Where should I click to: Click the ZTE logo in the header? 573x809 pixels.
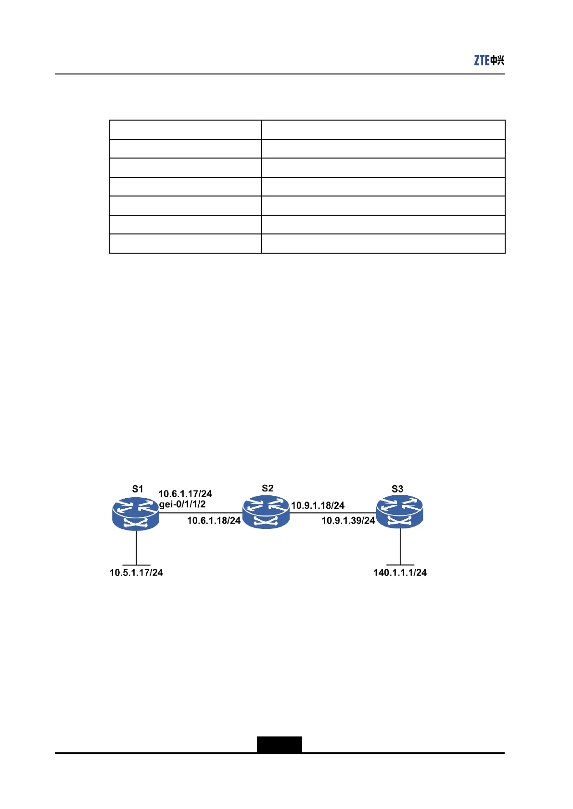pos(489,60)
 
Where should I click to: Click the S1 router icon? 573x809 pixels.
pos(136,514)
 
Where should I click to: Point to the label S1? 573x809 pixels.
pos(138,489)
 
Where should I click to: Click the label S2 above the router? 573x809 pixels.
pos(267,489)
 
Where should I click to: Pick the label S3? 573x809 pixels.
pos(397,489)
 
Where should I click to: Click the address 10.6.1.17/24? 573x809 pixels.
pos(185,494)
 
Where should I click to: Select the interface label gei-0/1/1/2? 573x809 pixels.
pos(182,504)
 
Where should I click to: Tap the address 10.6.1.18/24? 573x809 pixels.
pos(214,521)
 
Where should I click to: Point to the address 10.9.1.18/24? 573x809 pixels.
pos(318,505)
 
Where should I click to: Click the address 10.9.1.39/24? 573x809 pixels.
pos(348,521)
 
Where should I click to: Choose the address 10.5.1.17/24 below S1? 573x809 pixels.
pos(136,573)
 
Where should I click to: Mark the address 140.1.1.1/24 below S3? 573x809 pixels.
pos(400,573)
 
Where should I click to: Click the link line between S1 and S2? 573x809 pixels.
pos(200,513)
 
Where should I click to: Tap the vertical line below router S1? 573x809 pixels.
pos(137,548)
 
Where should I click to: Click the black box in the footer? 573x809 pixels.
pos(279,744)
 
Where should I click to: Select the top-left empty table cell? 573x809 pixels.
pos(185,130)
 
